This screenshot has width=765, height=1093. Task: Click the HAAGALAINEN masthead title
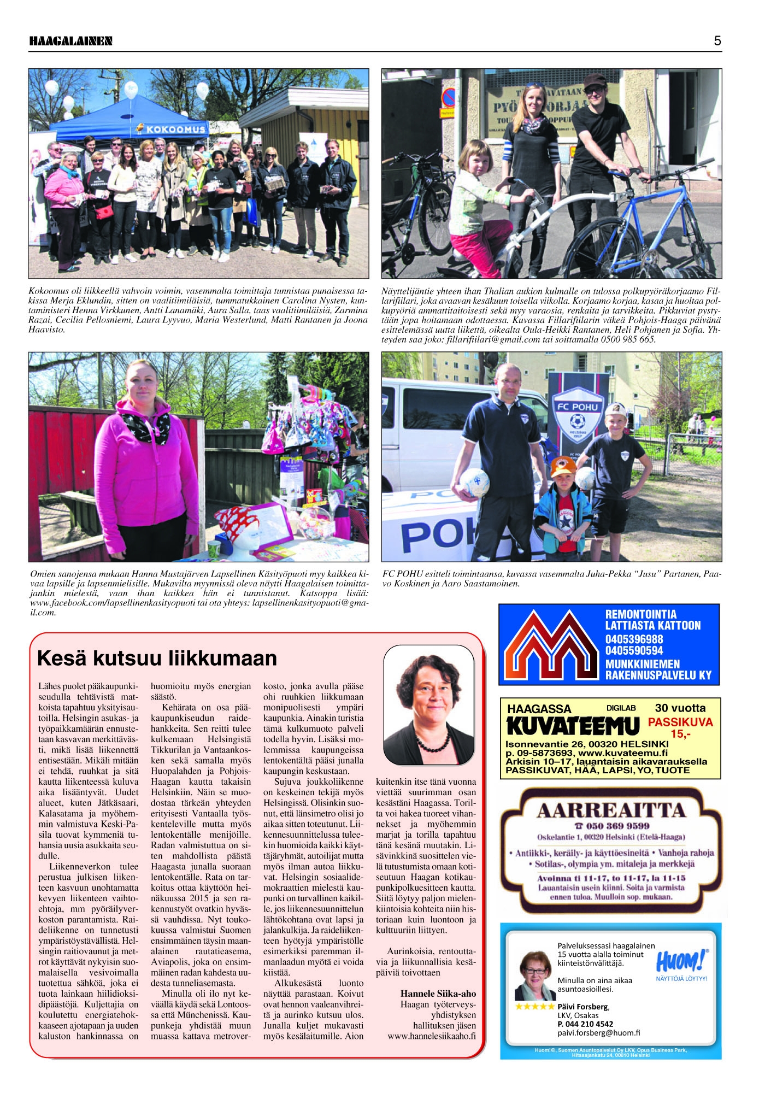(x=70, y=41)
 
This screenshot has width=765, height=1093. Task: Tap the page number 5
(x=717, y=41)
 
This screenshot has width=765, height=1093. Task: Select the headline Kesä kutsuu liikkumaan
(x=157, y=658)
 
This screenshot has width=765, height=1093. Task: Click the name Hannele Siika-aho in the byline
(x=438, y=994)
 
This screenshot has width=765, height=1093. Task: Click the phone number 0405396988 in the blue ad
(x=634, y=639)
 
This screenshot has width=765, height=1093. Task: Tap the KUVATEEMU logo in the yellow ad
(x=573, y=726)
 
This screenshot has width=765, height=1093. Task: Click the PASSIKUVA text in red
(x=680, y=722)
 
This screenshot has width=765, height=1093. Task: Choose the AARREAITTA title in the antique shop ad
(x=610, y=810)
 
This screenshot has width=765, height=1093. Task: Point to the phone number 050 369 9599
(x=610, y=826)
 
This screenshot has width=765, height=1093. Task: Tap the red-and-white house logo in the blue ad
(x=551, y=645)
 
